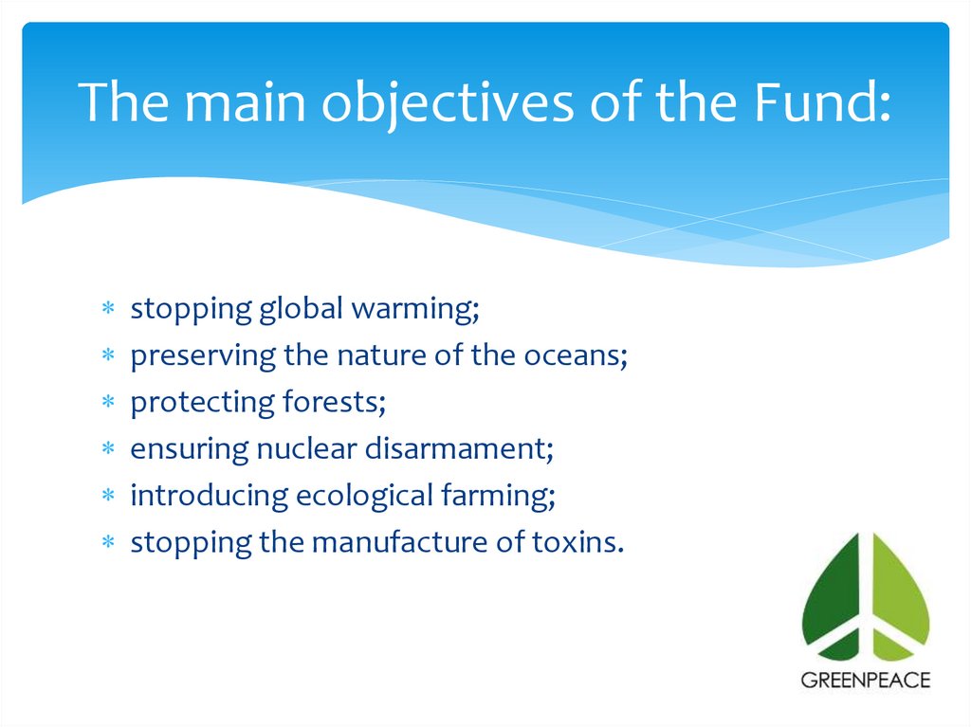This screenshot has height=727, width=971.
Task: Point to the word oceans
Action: point(578,355)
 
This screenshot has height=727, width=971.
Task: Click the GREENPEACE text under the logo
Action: point(866,680)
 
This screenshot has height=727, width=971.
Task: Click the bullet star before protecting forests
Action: point(108,404)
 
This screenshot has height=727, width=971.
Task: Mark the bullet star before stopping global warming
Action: point(108,310)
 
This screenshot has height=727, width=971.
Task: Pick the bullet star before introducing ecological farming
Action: point(108,497)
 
